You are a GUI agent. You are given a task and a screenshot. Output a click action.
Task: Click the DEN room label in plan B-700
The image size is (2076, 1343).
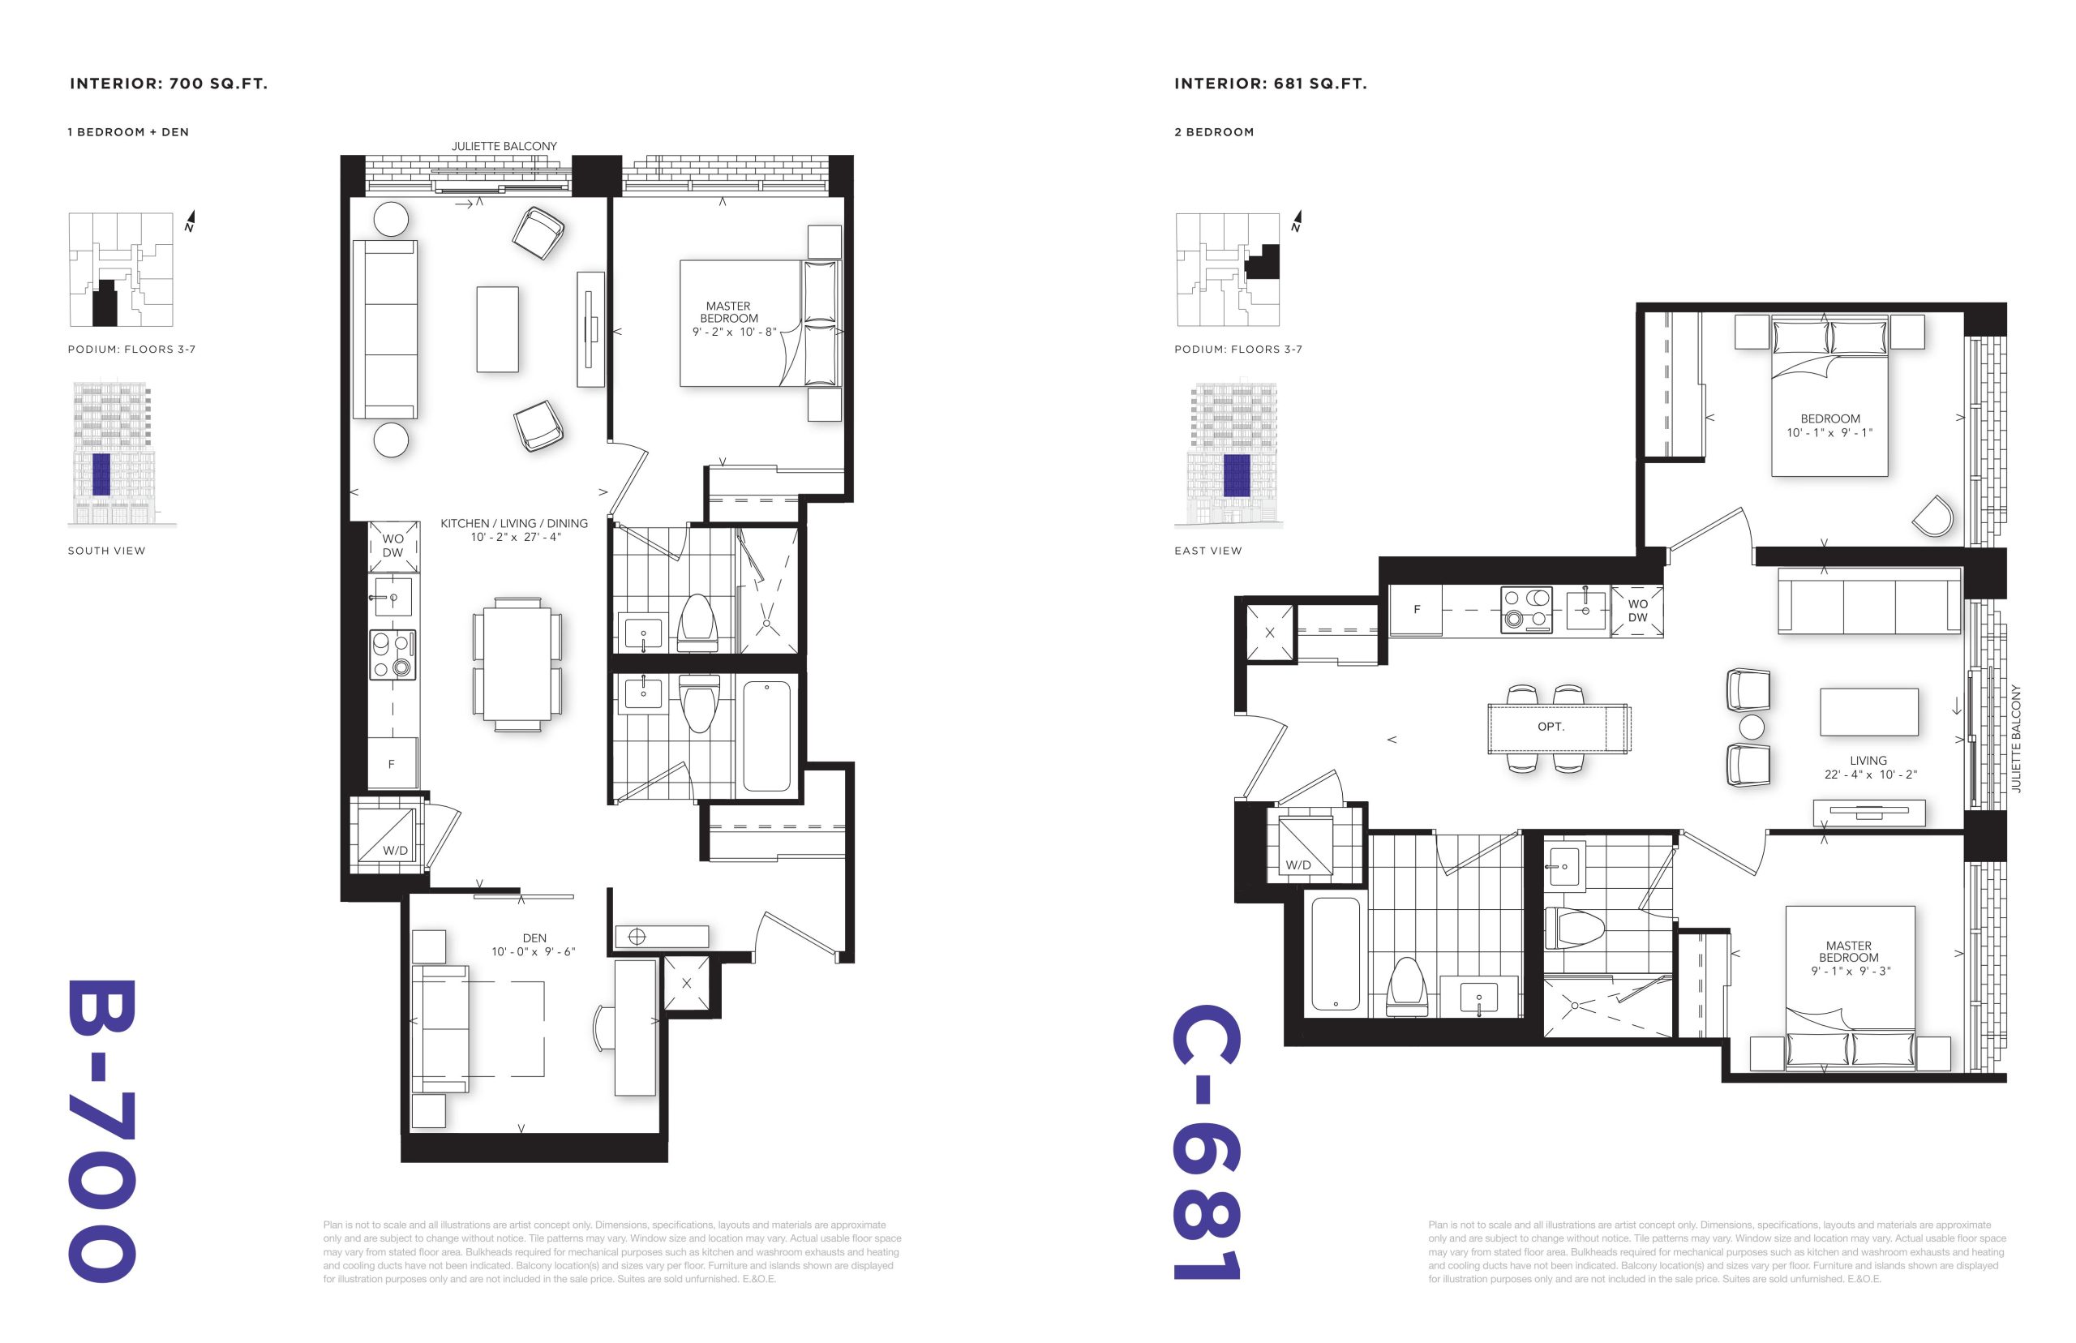tap(534, 938)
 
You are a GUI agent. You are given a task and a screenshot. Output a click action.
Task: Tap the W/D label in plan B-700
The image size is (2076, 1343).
tap(395, 850)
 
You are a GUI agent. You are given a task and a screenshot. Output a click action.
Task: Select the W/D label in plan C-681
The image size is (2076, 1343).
tap(1298, 865)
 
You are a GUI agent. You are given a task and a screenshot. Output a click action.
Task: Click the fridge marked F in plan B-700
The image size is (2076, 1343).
tap(392, 763)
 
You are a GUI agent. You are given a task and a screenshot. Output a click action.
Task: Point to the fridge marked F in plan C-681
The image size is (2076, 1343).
tap(1416, 610)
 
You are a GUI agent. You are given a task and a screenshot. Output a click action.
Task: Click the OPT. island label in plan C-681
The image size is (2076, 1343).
tap(1551, 727)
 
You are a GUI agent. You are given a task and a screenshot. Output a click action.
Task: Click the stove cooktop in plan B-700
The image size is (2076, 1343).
tap(392, 654)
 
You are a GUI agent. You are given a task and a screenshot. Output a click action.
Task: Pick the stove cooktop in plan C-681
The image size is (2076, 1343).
tap(1526, 609)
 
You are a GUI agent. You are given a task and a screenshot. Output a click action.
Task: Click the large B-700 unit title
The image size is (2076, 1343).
tap(101, 1131)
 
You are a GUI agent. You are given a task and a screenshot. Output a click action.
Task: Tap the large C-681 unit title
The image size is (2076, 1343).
tap(1207, 1143)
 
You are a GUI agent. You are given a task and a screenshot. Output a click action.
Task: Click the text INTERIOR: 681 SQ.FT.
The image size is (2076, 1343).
tap(1271, 84)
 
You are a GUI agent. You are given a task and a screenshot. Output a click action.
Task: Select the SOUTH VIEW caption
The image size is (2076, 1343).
tap(106, 551)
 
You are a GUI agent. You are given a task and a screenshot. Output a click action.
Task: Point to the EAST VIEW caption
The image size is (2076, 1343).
tap(1207, 551)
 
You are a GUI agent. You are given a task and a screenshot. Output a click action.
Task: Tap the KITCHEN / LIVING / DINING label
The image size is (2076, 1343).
tap(513, 523)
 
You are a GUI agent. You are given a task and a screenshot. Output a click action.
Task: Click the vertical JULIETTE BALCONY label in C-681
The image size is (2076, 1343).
tap(2015, 738)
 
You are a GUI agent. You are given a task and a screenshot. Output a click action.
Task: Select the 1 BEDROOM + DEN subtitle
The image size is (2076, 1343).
tap(128, 132)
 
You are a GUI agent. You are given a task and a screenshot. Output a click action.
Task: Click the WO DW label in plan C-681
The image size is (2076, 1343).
tap(1637, 611)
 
